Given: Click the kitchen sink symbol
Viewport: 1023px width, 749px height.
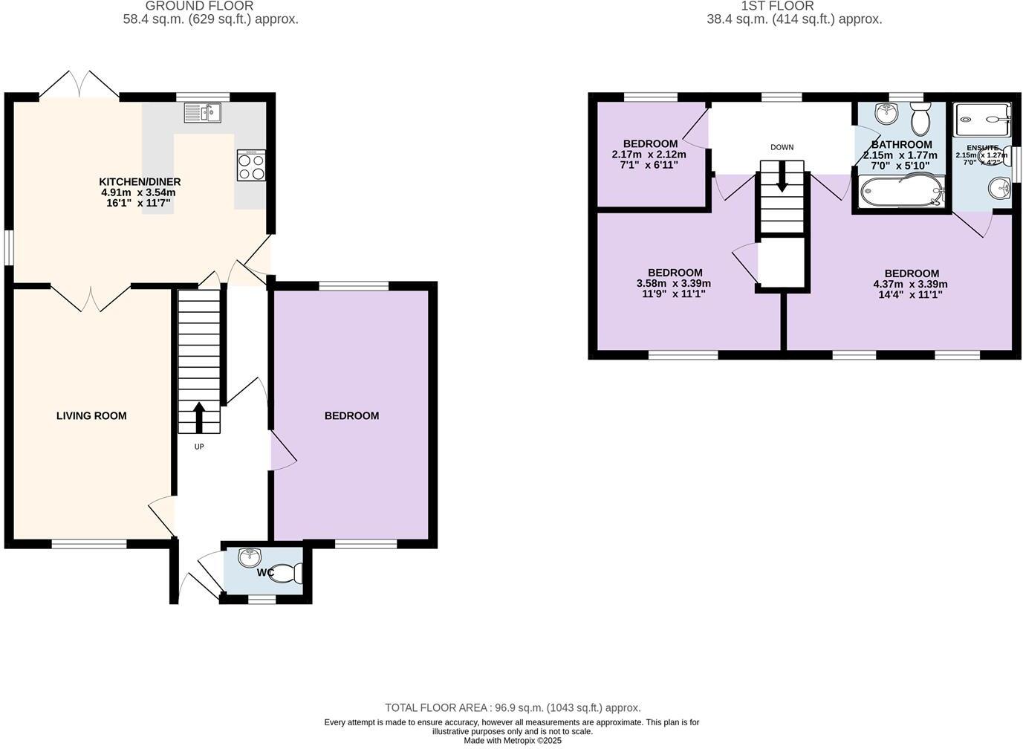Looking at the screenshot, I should pos(202,113).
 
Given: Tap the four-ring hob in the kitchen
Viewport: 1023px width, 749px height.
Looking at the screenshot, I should pos(251,165).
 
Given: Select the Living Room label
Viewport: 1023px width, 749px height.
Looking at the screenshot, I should pos(91,416).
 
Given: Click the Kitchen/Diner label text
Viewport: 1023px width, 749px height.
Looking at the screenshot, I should pos(140,182).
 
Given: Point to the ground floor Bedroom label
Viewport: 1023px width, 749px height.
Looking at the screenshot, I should pos(351,416).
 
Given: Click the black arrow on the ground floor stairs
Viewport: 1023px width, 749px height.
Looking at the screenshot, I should pos(199,416).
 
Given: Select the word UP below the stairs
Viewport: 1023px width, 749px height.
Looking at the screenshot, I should pos(199,447).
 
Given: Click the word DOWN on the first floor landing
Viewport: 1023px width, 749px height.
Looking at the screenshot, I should pos(782,147).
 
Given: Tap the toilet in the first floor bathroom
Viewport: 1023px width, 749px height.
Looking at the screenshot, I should pos(920,119).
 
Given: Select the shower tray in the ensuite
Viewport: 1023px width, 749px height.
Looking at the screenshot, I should pos(982,115).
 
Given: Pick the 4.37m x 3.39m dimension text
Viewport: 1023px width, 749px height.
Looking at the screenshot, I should pos(910,284).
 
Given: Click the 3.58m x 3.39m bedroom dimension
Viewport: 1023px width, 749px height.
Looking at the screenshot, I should pos(673,283).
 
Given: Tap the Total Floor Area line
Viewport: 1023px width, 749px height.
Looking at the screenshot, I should pos(513,708).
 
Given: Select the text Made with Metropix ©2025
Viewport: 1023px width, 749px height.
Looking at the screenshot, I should pos(513,740).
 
